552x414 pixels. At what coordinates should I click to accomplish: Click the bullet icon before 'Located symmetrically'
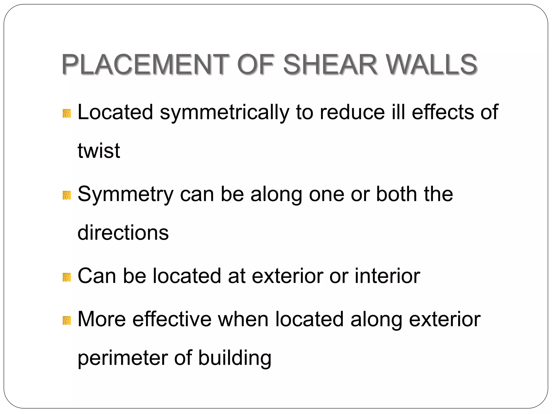67,113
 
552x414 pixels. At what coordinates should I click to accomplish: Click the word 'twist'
99,150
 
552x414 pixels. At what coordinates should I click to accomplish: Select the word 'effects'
443,112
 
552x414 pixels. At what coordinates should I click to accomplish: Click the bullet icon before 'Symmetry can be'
67,195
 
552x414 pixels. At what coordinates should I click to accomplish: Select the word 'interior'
387,276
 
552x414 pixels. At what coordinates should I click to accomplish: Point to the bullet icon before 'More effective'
67,320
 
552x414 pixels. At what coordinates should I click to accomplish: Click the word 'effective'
172,319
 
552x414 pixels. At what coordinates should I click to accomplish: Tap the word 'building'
235,358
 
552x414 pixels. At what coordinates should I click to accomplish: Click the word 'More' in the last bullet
102,319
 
